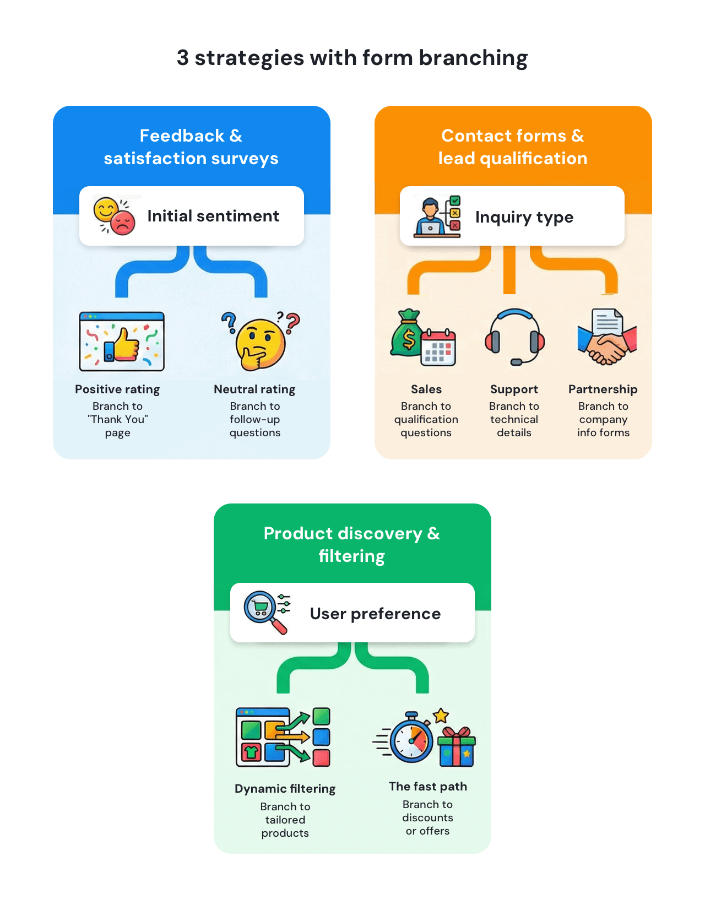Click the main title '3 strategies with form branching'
pos(352,58)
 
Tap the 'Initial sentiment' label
pos(213,216)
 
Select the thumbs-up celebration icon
pos(122,342)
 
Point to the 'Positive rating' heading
pos(117,389)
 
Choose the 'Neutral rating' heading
pos(254,389)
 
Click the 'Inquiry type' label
pos(524,217)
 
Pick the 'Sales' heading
pos(426,389)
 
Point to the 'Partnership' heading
pos(603,389)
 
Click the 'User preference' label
pos(375,614)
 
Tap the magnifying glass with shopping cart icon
pos(264,611)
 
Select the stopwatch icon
pos(411,739)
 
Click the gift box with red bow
pos(457,748)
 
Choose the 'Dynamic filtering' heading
pos(285,789)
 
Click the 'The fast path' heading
pos(427,787)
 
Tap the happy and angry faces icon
pos(114,216)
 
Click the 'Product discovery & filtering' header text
pos(352,544)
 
